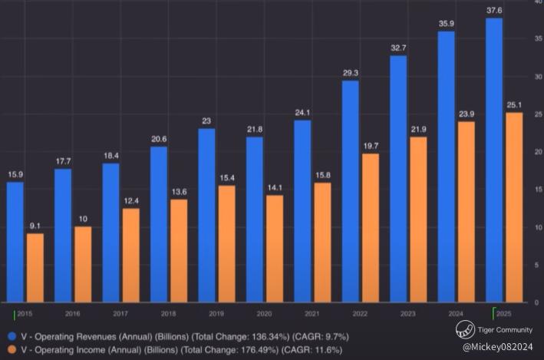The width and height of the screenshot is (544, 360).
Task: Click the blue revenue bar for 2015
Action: point(15,242)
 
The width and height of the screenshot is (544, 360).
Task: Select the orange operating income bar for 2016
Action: point(83,263)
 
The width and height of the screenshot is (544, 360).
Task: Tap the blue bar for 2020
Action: point(255,219)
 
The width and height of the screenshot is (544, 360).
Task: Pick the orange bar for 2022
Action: point(371,227)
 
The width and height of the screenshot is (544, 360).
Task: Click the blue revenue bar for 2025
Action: point(494,160)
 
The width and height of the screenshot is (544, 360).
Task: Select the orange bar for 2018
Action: point(179,250)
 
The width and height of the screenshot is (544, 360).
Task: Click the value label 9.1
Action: point(35,225)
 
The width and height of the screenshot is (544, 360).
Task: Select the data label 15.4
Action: point(226,177)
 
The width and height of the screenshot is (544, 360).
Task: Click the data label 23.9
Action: point(467,113)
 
